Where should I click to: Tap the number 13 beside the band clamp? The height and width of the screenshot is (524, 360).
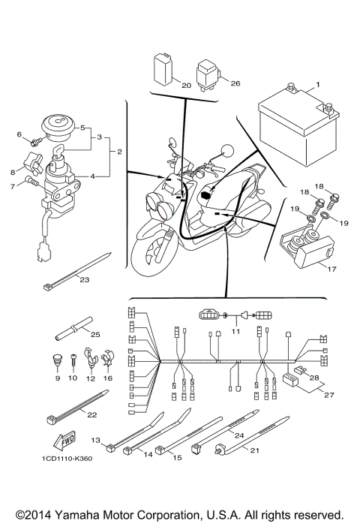96,440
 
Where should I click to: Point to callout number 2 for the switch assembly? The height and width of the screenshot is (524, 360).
118,152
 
